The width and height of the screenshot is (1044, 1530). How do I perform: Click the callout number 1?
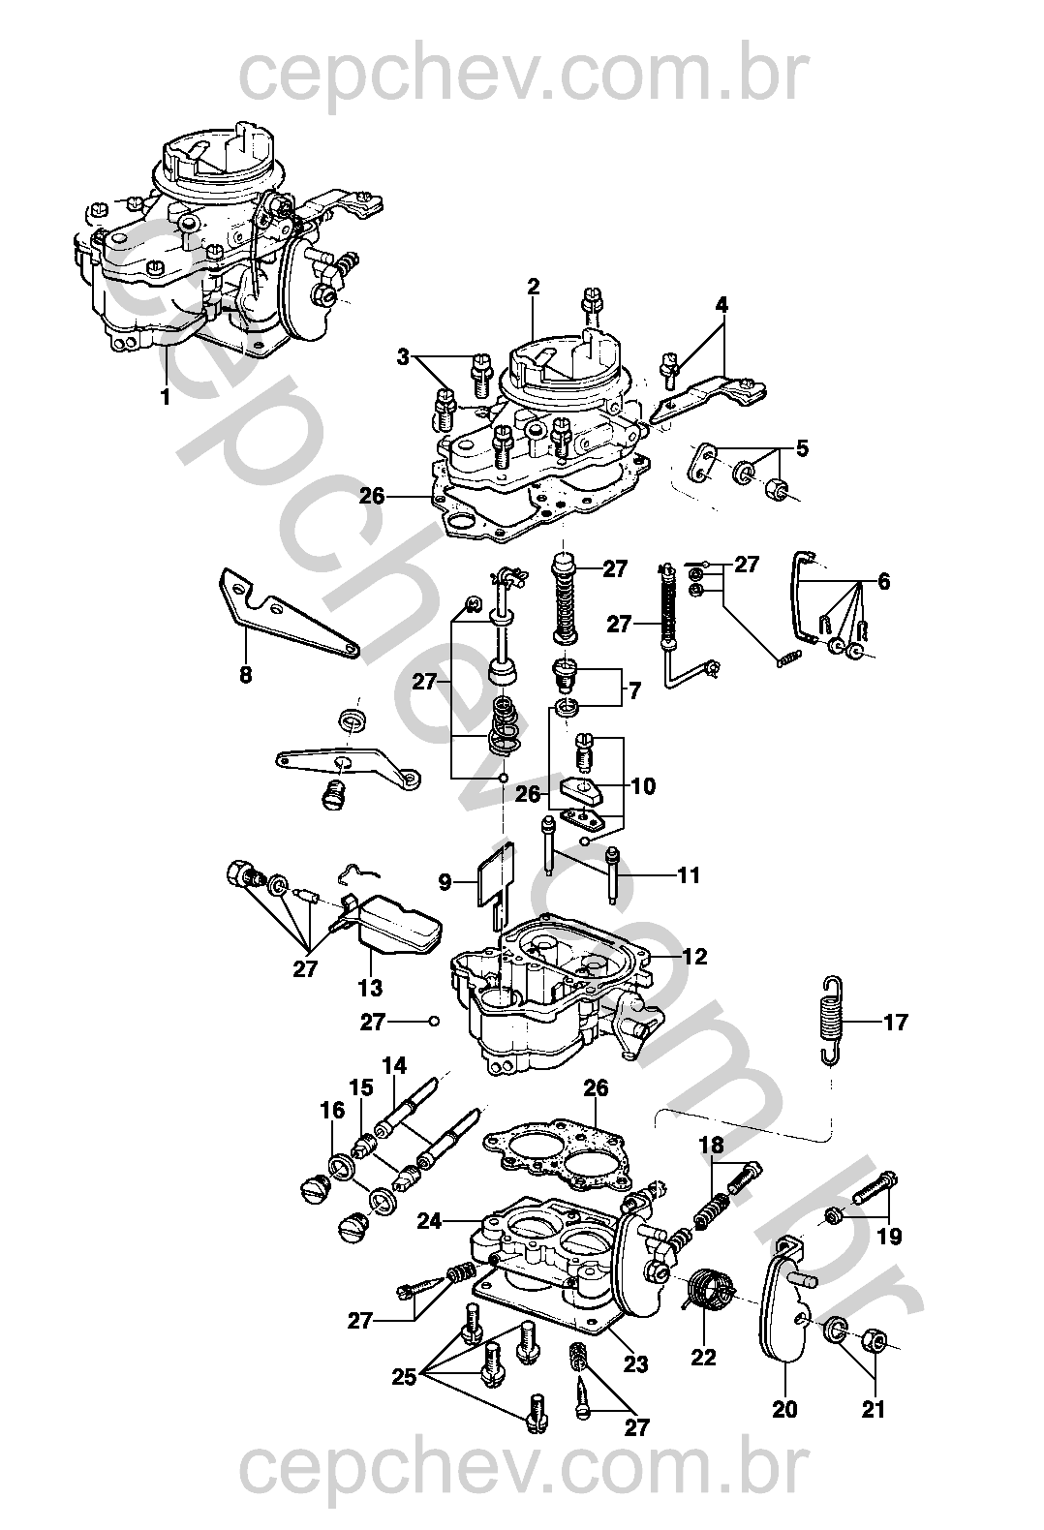pos(165,396)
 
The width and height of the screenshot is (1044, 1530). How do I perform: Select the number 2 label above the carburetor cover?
pos(533,287)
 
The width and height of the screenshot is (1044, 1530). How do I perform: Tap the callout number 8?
pos(245,675)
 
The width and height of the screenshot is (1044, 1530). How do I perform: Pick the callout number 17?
pos(896,1022)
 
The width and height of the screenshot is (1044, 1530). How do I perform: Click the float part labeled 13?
pos(393,926)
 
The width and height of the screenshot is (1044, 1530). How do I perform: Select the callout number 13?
pos(370,987)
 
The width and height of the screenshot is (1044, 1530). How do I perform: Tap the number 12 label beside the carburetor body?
pos(694,957)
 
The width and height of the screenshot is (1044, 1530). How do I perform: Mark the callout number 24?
pos(430,1220)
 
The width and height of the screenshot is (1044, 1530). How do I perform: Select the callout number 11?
pos(689,874)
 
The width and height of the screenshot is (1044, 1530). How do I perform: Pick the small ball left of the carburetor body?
pos(433,1022)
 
